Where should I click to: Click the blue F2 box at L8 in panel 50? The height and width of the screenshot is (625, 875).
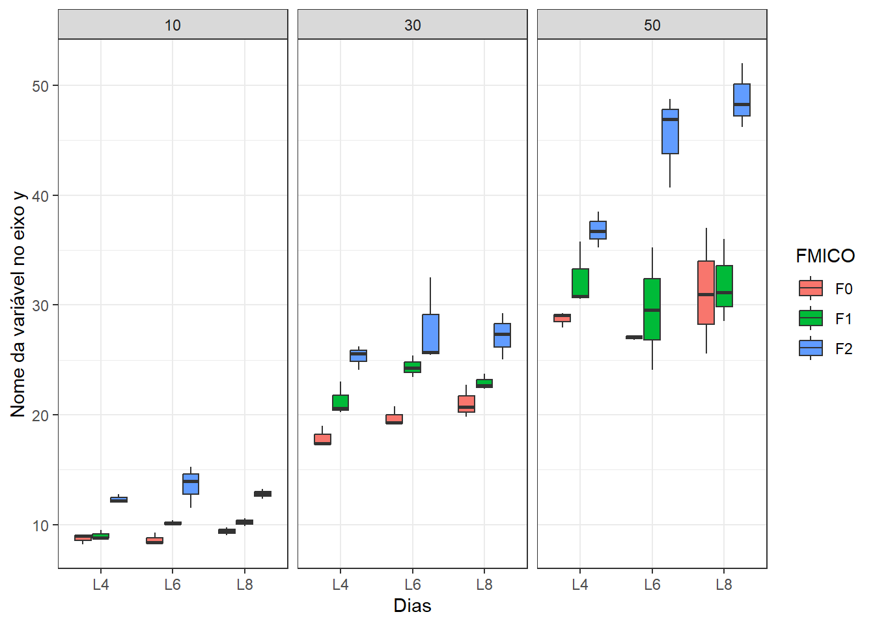click(x=742, y=100)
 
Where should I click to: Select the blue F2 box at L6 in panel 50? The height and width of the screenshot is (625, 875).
click(x=670, y=132)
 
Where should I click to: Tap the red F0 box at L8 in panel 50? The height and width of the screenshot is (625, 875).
click(x=706, y=292)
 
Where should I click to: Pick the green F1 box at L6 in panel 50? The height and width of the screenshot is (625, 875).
click(x=652, y=309)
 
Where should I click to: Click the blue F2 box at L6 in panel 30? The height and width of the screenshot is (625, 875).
click(x=430, y=333)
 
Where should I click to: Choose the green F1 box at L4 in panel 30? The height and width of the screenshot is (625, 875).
click(x=340, y=402)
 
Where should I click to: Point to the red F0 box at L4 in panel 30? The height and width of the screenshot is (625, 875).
click(x=322, y=439)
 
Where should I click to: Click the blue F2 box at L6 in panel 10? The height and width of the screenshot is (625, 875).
click(x=191, y=484)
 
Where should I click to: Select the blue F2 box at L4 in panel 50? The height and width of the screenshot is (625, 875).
click(x=598, y=230)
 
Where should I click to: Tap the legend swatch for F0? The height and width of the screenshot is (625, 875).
click(x=811, y=288)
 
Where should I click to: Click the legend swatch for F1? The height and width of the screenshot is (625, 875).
click(x=811, y=318)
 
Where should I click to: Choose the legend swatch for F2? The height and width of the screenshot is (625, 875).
click(x=811, y=348)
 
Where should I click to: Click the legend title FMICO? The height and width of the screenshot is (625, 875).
click(x=825, y=256)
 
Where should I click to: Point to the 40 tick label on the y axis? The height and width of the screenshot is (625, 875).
click(x=40, y=195)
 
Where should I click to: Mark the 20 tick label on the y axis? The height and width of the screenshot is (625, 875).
click(x=40, y=415)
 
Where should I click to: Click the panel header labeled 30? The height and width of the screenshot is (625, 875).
click(x=412, y=25)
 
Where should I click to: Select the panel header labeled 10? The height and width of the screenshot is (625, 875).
click(x=173, y=25)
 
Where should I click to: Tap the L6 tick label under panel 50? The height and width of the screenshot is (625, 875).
click(x=652, y=585)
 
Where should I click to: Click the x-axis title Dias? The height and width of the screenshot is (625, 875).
click(x=412, y=606)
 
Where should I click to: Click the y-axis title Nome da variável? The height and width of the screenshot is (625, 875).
click(x=18, y=304)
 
